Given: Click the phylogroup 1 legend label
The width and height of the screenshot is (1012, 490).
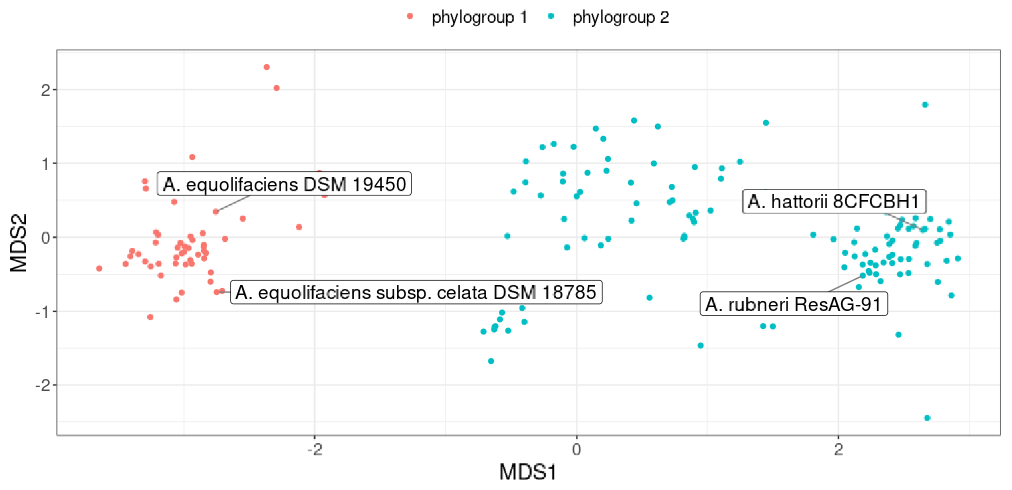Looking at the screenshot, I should pyautogui.click(x=479, y=17).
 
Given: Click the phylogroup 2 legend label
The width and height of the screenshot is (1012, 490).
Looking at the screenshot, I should pyautogui.click(x=620, y=17).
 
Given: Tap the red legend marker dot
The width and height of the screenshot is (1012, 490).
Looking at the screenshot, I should pyautogui.click(x=410, y=16).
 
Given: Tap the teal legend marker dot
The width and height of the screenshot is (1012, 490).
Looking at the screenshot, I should pyautogui.click(x=551, y=16).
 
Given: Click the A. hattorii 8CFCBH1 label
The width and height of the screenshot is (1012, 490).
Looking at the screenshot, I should pyautogui.click(x=834, y=202).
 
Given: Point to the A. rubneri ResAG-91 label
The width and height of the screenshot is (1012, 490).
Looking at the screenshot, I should pyautogui.click(x=794, y=304).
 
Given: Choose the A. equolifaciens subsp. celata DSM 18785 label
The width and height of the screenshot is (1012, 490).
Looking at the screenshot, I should pyautogui.click(x=416, y=292).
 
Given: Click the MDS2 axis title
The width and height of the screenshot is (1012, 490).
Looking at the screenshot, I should pyautogui.click(x=19, y=243).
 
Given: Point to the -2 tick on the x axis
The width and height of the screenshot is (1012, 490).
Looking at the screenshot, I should pyautogui.click(x=315, y=449).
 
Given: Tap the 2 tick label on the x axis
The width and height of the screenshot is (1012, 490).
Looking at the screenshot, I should pyautogui.click(x=838, y=449).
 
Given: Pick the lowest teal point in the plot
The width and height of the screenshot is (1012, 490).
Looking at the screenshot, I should pyautogui.click(x=927, y=418).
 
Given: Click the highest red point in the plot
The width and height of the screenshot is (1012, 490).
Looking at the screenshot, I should pyautogui.click(x=267, y=67).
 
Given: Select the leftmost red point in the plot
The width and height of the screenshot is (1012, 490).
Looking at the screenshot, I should pyautogui.click(x=99, y=268).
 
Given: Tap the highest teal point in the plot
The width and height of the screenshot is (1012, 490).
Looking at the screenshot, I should pyautogui.click(x=925, y=105).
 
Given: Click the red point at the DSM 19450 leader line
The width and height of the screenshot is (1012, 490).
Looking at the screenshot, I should pyautogui.click(x=215, y=212).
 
